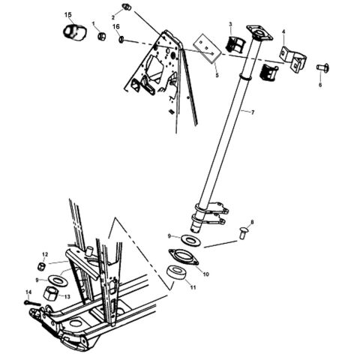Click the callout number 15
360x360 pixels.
(x=68, y=15)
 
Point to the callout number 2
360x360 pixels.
(x=114, y=16)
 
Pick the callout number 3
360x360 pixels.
(x=230, y=24)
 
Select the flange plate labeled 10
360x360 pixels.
(x=182, y=255)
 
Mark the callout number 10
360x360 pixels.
(x=206, y=274)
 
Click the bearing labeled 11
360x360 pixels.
(x=177, y=273)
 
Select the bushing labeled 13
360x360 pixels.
(x=52, y=292)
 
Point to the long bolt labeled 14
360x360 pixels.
(x=32, y=303)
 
